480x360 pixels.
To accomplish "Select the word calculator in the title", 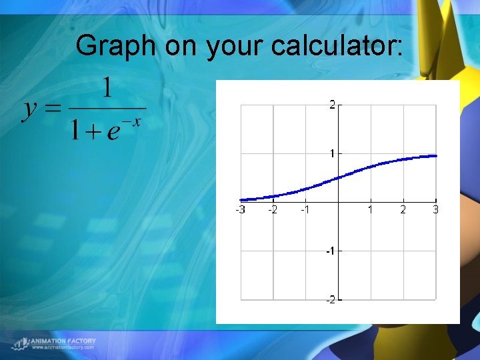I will tap(337, 46).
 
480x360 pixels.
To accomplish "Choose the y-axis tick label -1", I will tap(329, 251).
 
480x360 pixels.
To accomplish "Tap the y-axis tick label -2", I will tap(329, 300).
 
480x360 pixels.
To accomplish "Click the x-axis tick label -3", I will tap(240, 209).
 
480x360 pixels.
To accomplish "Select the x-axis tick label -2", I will tap(273, 209).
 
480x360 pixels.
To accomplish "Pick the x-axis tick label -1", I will tap(305, 209).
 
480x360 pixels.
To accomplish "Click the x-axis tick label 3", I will tap(435, 209).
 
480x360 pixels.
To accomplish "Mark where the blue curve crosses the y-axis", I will tap(338, 177).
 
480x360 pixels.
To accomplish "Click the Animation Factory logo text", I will tap(63, 341).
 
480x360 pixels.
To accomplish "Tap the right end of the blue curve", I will tap(436, 156).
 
